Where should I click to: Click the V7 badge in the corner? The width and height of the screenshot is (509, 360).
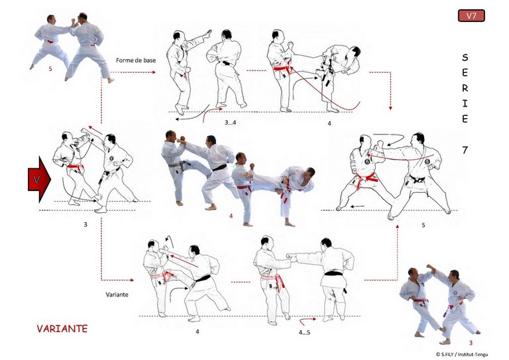[471, 16]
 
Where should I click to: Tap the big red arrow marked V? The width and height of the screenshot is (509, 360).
[39, 180]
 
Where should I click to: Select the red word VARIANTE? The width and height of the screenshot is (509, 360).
[62, 329]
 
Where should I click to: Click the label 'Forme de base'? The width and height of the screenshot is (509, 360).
[136, 60]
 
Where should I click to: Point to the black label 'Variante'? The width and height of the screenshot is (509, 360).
[117, 294]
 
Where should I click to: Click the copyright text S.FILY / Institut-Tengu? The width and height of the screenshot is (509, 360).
[461, 354]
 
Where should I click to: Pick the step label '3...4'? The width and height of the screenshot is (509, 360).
[230, 123]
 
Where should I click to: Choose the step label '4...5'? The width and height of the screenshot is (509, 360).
[304, 332]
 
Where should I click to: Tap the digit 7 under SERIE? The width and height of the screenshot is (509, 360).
[465, 150]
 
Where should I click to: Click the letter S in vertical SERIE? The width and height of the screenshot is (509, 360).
[465, 58]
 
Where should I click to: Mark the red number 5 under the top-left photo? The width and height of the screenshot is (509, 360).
[50, 69]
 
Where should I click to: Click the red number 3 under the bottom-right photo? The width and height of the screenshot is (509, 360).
[471, 343]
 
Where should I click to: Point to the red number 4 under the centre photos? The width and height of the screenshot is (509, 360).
[231, 216]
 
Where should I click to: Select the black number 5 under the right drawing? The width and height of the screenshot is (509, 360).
[423, 225]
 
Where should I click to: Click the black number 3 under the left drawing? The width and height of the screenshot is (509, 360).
[85, 224]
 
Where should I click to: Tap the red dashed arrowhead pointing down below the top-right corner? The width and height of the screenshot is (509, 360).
[390, 108]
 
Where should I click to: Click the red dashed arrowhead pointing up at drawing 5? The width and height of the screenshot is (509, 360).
[398, 226]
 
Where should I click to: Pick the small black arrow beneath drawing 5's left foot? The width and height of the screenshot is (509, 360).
[357, 206]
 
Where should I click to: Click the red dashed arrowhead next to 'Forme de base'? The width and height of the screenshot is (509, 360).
[154, 72]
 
